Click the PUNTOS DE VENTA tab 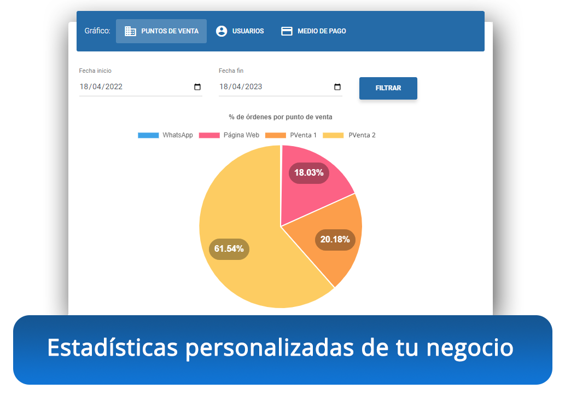161,31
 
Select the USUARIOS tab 240,31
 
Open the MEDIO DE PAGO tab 313,31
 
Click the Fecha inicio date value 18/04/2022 101,87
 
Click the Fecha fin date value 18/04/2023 241,87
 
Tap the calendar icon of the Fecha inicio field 197,87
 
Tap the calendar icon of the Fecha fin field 337,87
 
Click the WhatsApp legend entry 166,135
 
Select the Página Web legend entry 229,135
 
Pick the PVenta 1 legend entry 292,135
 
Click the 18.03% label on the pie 308,173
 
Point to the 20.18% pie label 335,239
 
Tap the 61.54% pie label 229,249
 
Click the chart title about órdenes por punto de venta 281,117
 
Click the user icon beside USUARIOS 222,31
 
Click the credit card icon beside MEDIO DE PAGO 287,31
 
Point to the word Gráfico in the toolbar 97,31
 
